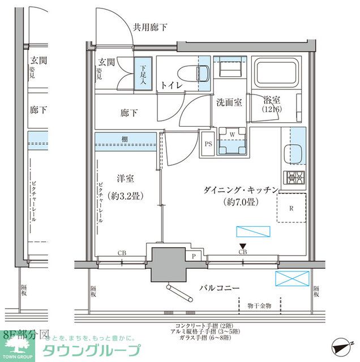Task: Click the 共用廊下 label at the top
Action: pos(150,27)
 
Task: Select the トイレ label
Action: pos(171,85)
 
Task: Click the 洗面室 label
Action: pos(229,102)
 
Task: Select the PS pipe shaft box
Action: pos(208,144)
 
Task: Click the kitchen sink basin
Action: pos(294,153)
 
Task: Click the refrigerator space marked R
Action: pos(291,208)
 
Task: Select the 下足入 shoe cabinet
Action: pos(143,74)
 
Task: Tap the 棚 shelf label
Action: pos(124,139)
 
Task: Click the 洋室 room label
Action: pos(125,179)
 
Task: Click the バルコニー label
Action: pos(219,288)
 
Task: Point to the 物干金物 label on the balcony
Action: pos(259,305)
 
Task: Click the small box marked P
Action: pos(194,256)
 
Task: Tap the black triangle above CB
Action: pos(243,245)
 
